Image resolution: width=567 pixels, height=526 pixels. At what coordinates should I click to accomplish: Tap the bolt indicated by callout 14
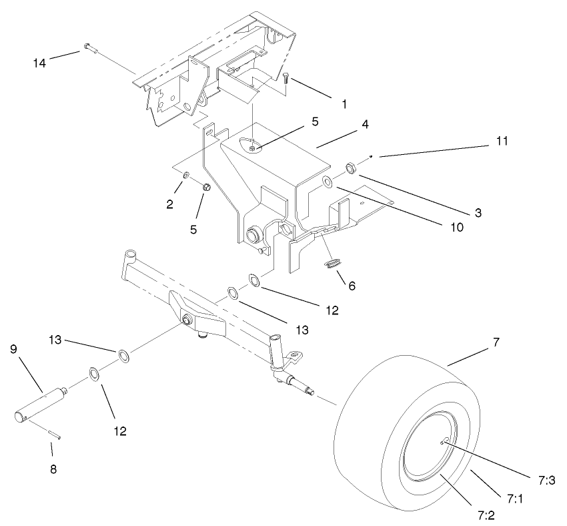[x=89, y=47]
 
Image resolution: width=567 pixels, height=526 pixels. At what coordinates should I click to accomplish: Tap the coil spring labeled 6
[x=331, y=265]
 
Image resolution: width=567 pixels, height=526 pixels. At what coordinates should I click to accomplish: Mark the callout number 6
[x=351, y=286]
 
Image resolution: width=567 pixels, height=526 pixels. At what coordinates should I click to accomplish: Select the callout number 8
[x=53, y=469]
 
